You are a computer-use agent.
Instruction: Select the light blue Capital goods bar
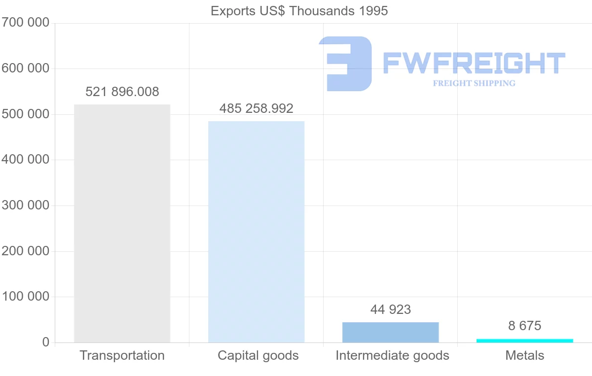tap(256, 232)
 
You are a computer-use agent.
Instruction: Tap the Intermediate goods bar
tap(390, 332)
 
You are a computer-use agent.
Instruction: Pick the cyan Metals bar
tap(524, 341)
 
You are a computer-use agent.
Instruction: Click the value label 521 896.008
tap(122, 92)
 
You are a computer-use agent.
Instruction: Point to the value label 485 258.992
tap(256, 108)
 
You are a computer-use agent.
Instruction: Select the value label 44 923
tap(390, 309)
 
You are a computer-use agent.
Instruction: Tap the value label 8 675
tap(524, 326)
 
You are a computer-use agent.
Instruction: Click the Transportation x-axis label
tap(122, 355)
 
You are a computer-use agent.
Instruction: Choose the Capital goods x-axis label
tap(258, 355)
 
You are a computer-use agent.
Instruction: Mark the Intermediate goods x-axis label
tap(392, 355)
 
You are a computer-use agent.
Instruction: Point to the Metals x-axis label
tap(524, 355)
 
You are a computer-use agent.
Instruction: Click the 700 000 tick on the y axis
tap(25, 23)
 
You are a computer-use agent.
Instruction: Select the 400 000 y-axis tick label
tap(25, 160)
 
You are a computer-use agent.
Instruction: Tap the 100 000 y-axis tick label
tap(25, 297)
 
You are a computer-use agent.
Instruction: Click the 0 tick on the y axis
tap(46, 342)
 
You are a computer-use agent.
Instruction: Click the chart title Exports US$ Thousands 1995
tap(299, 11)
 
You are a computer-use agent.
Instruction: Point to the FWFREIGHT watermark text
tap(474, 63)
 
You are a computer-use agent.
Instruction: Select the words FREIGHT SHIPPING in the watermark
tap(474, 83)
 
